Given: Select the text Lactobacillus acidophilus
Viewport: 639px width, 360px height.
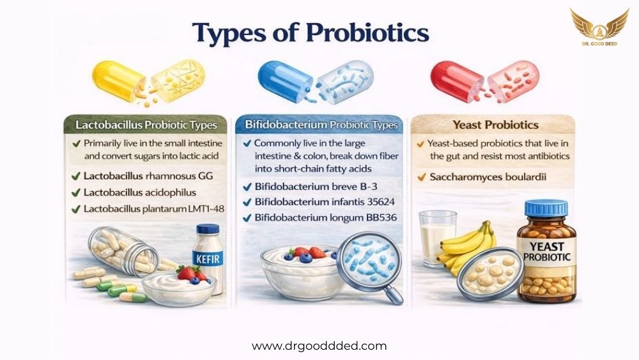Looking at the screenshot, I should pyautogui.click(x=140, y=192).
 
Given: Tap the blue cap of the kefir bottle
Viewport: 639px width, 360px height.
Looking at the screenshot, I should pyautogui.click(x=208, y=229).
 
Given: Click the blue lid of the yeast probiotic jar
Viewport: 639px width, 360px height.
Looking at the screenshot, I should pyautogui.click(x=546, y=208).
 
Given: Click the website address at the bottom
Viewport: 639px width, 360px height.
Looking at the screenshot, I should pyautogui.click(x=319, y=346).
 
